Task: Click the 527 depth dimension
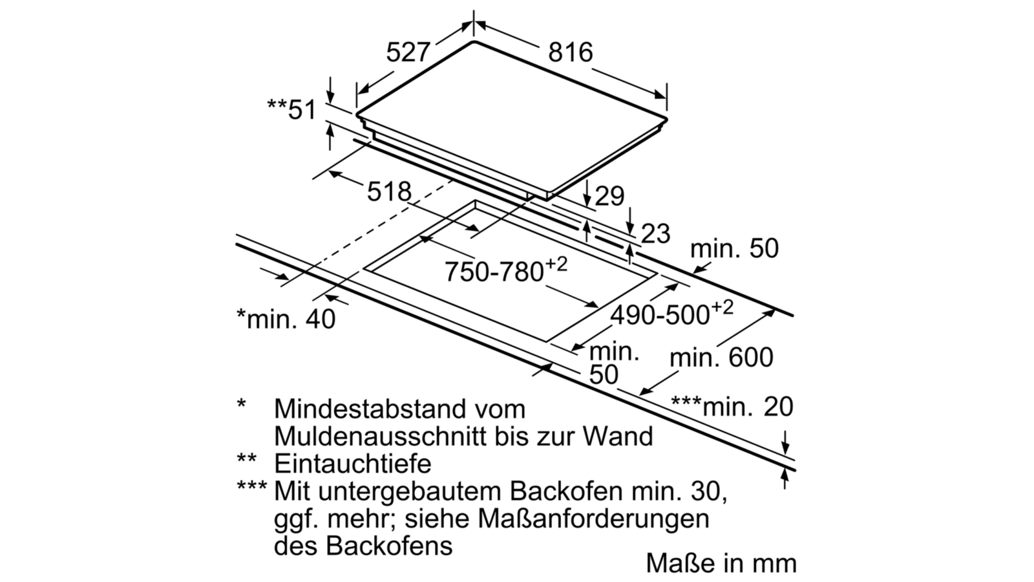[408, 52]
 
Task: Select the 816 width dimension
[570, 52]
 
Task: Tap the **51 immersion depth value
[291, 109]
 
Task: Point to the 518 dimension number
[389, 191]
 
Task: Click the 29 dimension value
[609, 196]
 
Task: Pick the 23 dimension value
[655, 233]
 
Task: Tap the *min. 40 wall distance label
[286, 319]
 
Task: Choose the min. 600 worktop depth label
[721, 358]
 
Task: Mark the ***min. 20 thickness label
[732, 407]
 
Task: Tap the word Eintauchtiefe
[353, 463]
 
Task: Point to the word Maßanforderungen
[593, 519]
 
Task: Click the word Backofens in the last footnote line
[389, 546]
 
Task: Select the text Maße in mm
[721, 563]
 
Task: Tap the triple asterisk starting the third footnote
[251, 486]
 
